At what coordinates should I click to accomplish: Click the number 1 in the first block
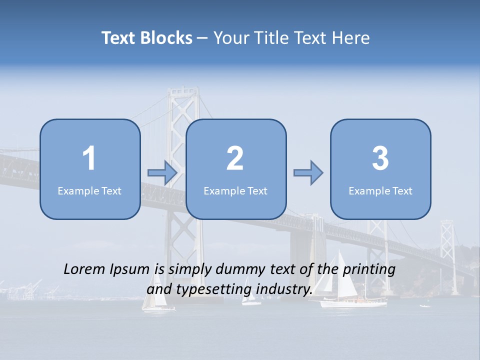(89, 158)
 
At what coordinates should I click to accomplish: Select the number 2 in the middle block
(235, 158)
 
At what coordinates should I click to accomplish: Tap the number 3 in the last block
(380, 158)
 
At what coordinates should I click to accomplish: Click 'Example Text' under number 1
(89, 190)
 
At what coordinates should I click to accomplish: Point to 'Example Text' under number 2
(235, 190)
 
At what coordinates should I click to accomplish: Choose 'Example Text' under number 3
(380, 190)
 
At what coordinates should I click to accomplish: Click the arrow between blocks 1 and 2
(162, 173)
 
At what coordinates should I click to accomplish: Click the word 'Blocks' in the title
(166, 38)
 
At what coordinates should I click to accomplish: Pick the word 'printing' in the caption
(369, 270)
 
